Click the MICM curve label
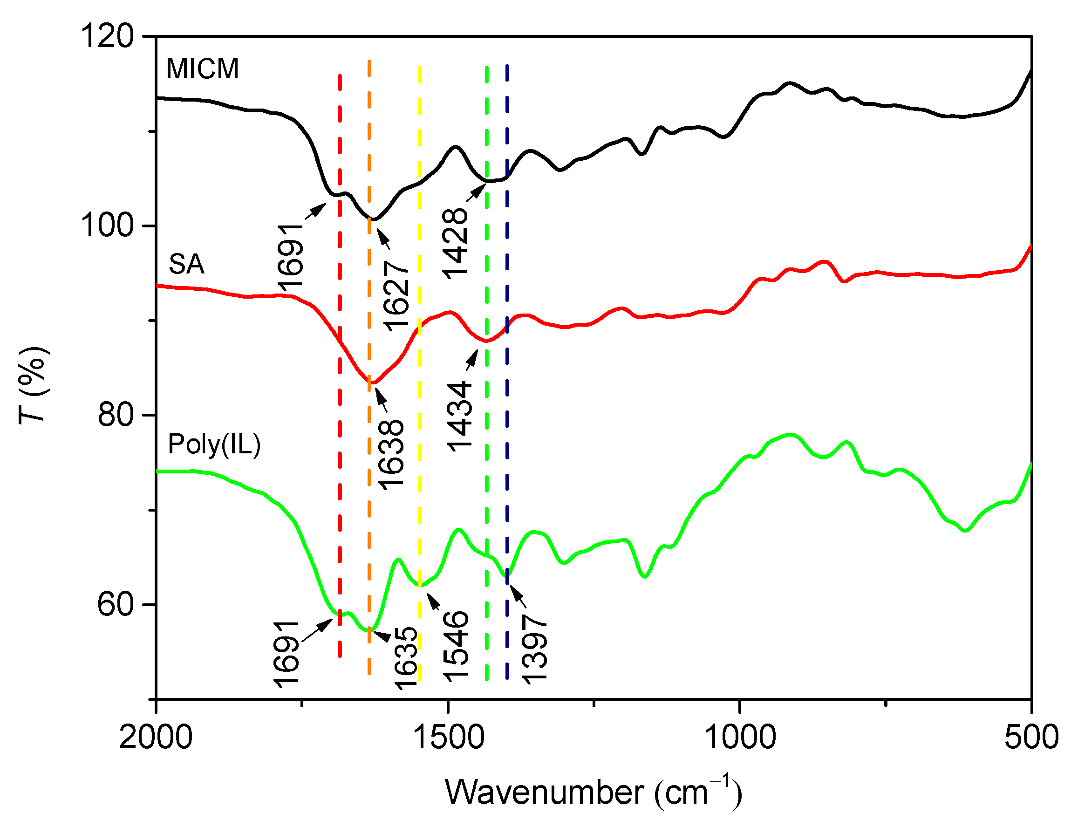pos(202,69)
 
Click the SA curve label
pos(186,265)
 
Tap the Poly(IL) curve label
pos(214,444)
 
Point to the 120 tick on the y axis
pos(107,36)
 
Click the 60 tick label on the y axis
pos(116,604)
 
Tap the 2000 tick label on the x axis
pos(156,738)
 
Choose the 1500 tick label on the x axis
pos(448,738)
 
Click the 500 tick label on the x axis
pos(1031,738)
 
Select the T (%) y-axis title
pos(33,386)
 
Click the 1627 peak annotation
pos(395,295)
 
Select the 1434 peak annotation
pos(459,417)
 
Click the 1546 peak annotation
pos(455,646)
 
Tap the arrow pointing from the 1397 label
pos(518,595)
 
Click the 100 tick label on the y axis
pos(107,225)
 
